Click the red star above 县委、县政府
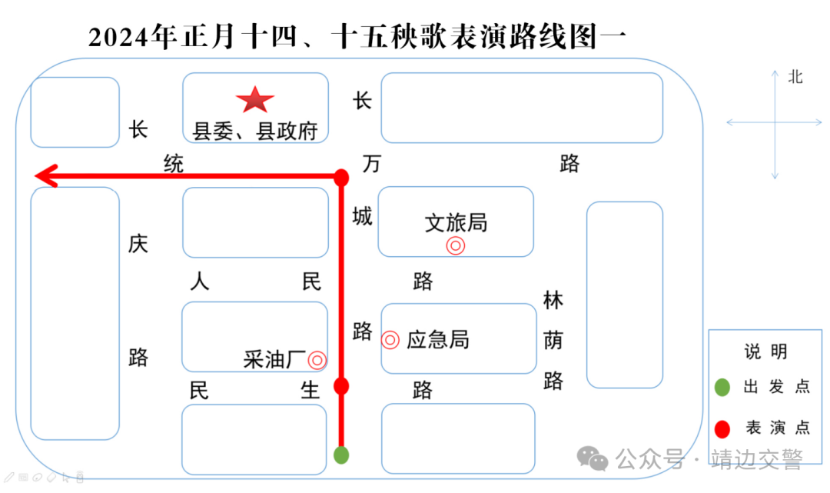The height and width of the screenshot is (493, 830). click(x=254, y=100)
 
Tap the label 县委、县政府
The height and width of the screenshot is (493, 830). click(x=255, y=132)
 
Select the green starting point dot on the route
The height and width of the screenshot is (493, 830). click(x=341, y=455)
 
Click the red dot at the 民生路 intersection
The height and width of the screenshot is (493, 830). click(x=341, y=386)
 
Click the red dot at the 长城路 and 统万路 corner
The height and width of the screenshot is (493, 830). click(x=341, y=178)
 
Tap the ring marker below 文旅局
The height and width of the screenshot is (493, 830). click(x=456, y=246)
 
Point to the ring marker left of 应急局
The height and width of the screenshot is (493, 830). click(x=390, y=340)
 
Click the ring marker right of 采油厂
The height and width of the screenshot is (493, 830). click(x=317, y=359)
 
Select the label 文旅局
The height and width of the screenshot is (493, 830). click(x=456, y=224)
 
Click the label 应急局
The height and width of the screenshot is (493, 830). click(x=437, y=340)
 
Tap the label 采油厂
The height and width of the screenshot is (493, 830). click(x=274, y=359)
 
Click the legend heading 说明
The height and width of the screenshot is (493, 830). click(x=765, y=352)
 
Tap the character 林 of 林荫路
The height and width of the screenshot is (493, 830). click(x=553, y=300)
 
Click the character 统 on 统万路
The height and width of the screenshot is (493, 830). click(x=174, y=164)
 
